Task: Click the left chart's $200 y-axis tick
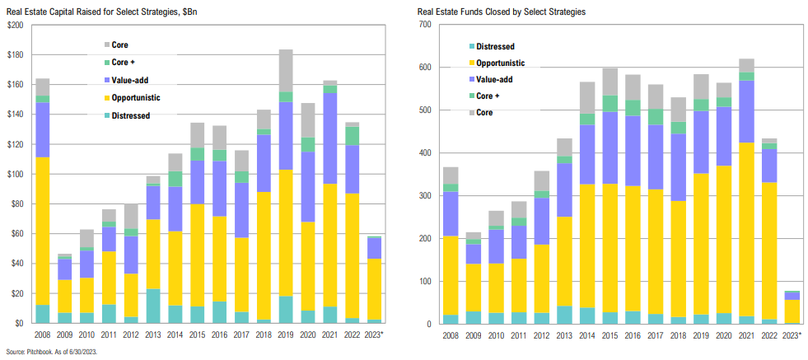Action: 15,26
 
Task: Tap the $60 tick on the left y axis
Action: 16,234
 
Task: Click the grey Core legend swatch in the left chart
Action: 107,44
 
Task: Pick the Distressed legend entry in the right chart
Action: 503,46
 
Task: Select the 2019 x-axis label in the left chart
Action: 287,335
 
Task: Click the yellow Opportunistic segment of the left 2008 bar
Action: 42,231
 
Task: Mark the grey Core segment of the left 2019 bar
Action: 287,71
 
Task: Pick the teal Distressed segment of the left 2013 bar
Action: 152,306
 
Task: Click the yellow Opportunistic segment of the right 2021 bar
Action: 746,230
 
